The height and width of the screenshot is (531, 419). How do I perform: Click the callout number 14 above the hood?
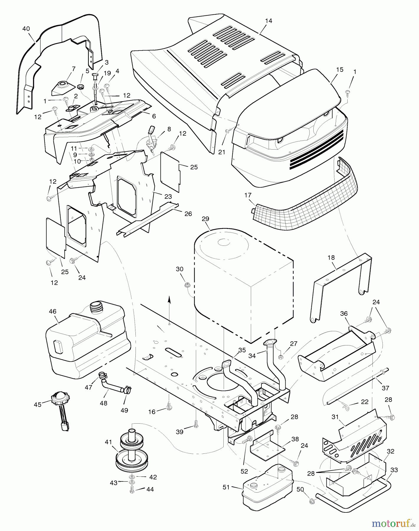click(x=269, y=21)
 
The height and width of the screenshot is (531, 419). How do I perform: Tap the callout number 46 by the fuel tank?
click(x=53, y=312)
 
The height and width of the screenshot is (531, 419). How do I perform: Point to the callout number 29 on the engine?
click(x=205, y=219)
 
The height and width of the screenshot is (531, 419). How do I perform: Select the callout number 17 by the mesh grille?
click(x=248, y=195)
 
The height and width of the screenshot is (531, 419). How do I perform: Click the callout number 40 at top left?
click(x=26, y=29)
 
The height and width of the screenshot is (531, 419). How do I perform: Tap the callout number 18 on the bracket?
click(x=331, y=258)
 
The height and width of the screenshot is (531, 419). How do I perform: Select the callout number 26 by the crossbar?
click(x=188, y=214)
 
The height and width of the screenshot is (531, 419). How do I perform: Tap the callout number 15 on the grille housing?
click(x=340, y=70)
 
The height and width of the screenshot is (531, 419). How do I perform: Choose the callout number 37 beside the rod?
click(x=385, y=388)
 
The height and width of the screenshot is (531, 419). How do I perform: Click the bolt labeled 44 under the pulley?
click(x=132, y=489)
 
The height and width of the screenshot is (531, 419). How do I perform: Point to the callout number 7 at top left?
click(x=66, y=69)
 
